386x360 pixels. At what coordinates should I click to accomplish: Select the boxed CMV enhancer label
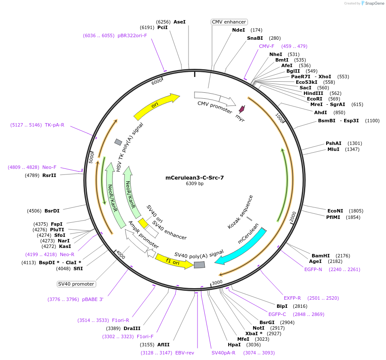229,22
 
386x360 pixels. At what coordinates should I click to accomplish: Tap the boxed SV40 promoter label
76,284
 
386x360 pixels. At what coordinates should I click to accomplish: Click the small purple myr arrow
242,109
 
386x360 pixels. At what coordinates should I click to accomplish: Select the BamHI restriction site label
320,255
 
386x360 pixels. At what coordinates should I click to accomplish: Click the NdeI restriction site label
239,30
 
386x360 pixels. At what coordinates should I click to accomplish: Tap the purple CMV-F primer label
267,46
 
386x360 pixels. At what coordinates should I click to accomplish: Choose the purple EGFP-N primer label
313,269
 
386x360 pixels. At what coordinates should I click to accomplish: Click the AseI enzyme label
180,21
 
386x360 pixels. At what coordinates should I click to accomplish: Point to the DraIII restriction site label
131,328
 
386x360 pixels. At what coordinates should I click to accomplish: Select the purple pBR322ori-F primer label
132,35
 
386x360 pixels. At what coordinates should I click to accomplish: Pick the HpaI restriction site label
234,345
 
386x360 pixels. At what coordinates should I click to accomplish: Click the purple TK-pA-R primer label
54,125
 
